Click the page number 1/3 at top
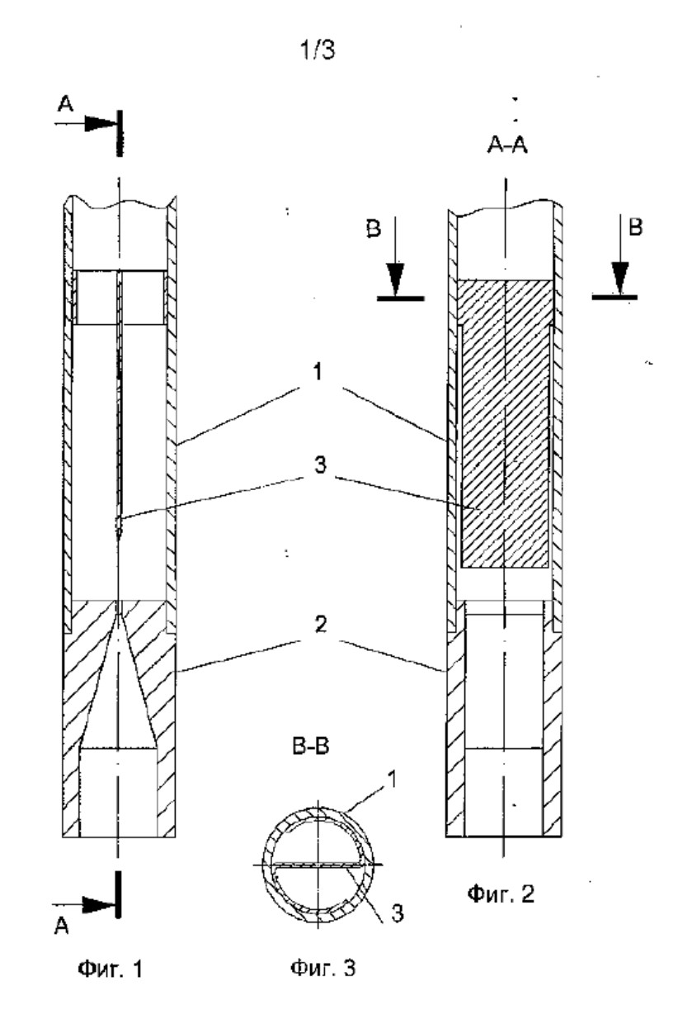(318, 50)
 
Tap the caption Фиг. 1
(111, 969)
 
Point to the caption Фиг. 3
(323, 967)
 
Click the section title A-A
(507, 145)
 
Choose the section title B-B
(311, 746)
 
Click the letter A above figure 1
(65, 104)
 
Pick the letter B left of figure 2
(374, 228)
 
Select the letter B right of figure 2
(635, 227)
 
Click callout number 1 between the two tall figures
(318, 371)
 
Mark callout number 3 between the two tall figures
(320, 465)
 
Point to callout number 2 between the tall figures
(321, 625)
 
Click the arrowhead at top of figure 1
(99, 123)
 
